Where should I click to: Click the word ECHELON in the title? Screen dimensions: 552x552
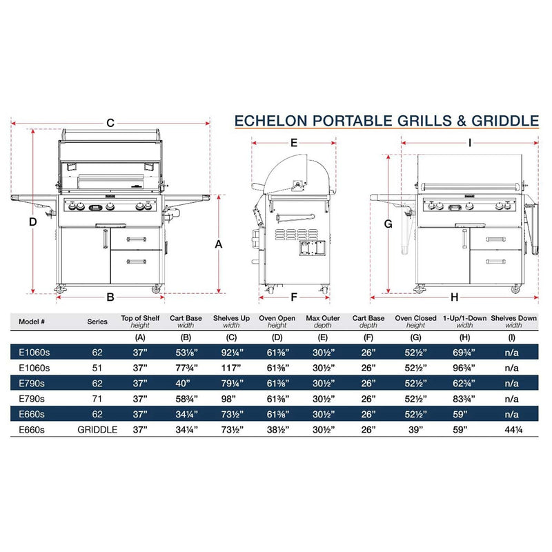click(270, 121)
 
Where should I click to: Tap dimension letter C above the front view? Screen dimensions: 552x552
click(110, 123)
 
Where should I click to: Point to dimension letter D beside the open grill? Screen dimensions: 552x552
click(32, 222)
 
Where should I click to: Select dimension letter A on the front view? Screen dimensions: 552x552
click(219, 244)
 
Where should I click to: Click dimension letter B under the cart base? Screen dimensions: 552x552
click(109, 297)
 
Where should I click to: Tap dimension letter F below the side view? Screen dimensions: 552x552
click(293, 298)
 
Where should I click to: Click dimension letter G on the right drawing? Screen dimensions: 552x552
click(388, 224)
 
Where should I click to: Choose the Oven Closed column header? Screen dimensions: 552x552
click(415, 318)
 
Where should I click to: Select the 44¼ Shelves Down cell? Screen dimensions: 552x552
click(511, 428)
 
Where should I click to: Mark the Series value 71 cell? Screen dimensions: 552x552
click(97, 398)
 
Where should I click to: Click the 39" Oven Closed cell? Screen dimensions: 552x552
click(415, 428)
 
